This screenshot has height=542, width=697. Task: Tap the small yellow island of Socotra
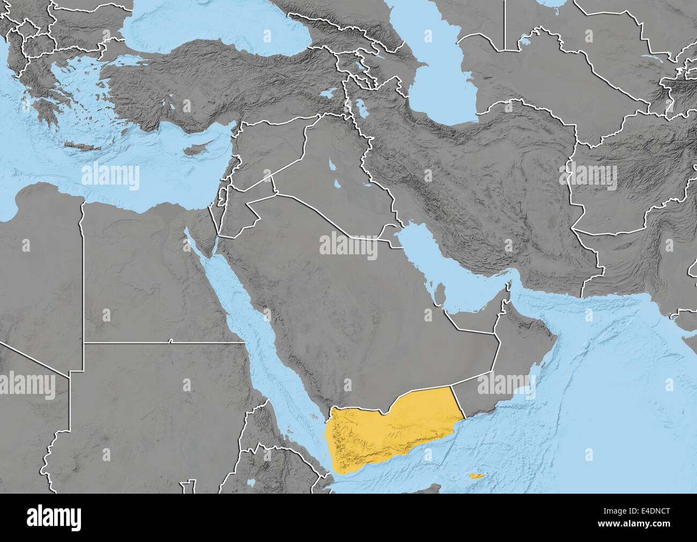(x=474, y=475)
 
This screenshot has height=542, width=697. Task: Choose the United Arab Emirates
(x=477, y=319)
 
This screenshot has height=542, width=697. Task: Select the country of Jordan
(x=236, y=215)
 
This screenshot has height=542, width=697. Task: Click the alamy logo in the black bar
(x=54, y=517)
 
